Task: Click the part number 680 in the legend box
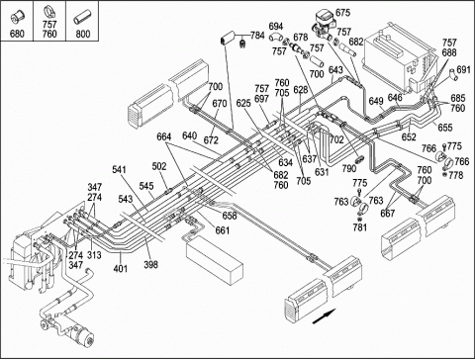(17, 34)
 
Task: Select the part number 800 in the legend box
(82, 34)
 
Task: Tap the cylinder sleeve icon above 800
(82, 18)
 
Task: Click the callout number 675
(342, 13)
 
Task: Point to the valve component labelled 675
(323, 23)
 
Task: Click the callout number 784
(257, 36)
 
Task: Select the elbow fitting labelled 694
(276, 38)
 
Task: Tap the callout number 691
(463, 69)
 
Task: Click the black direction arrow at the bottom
(324, 316)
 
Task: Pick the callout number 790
(349, 168)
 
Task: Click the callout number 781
(359, 227)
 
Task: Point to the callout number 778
(455, 175)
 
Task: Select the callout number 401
(121, 268)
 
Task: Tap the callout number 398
(150, 264)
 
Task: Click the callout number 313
(94, 255)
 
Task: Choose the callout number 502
(159, 166)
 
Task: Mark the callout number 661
(223, 230)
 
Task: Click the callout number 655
(445, 128)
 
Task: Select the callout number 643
(335, 70)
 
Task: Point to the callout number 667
(388, 214)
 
